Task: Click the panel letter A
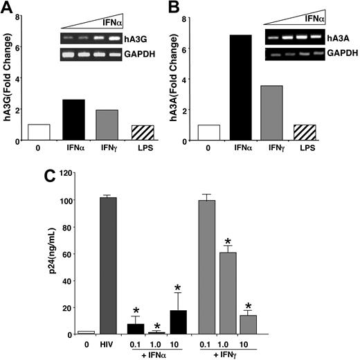pos(8,8)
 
